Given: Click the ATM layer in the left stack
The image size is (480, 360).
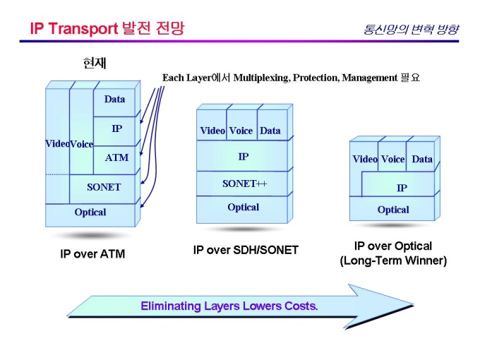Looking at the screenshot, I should tap(116, 158).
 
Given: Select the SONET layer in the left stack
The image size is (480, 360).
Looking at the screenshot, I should tap(103, 188).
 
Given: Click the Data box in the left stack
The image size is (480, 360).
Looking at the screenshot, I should tap(114, 100).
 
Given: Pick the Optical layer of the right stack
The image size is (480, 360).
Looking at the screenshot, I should tap(393, 210).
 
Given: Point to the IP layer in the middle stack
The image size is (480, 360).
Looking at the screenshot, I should tap(243, 157).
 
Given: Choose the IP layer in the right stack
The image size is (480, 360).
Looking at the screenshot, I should tap(401, 188).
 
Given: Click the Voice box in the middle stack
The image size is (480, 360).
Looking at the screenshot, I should tap(241, 131).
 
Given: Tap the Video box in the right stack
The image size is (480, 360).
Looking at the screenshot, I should tap(365, 160).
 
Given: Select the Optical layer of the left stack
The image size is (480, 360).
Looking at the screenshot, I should tap(90, 212).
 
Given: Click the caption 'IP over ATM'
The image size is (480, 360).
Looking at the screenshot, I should tap(92, 254).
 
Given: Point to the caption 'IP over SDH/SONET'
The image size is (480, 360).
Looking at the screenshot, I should tap(246, 250).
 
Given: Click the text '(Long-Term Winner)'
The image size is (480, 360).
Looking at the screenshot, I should tap(393, 260).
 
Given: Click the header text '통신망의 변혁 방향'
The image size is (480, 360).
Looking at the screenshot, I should tap(411, 30).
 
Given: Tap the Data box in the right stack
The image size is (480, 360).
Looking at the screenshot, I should tap(422, 160).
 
